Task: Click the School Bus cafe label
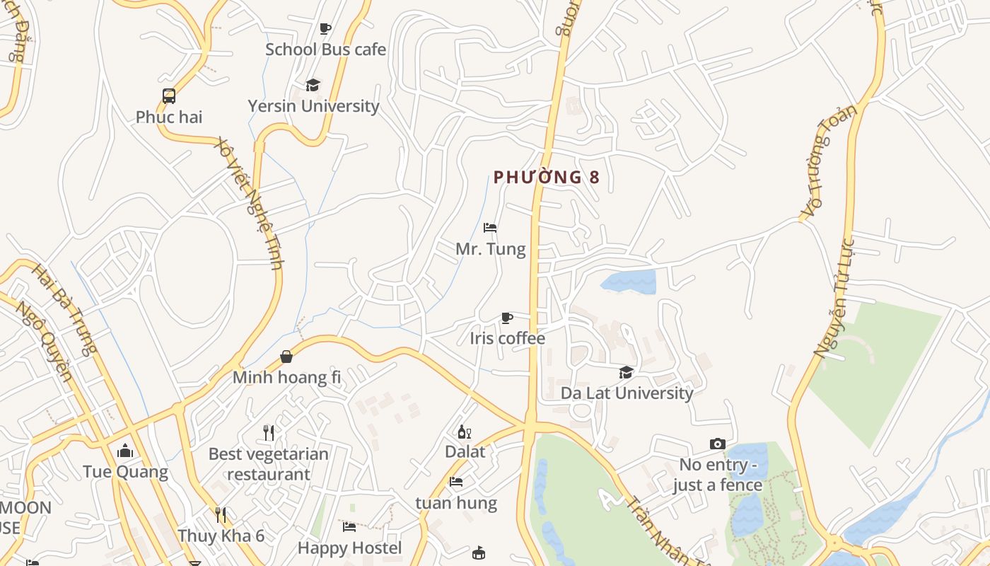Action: point(325,50)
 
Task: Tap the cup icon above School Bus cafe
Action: point(325,28)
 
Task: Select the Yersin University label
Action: point(313,106)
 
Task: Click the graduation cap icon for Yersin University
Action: point(313,85)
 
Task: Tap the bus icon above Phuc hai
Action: point(168,96)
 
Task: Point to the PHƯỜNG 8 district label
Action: point(546,177)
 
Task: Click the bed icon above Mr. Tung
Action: point(490,228)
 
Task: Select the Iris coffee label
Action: point(507,338)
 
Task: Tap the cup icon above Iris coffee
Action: point(506,318)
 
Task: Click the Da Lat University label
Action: point(627,393)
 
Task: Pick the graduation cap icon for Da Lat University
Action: point(626,372)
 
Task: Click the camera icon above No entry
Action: point(717,444)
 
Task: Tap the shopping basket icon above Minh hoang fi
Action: point(286,357)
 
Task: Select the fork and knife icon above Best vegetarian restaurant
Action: point(269,432)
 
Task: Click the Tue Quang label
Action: point(125,472)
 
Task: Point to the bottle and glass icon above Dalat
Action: point(465,432)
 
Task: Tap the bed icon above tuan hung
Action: point(456,483)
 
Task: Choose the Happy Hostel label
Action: point(349,548)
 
